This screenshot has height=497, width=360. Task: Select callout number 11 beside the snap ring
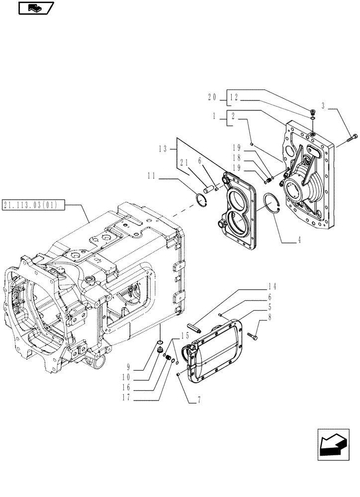152,175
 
